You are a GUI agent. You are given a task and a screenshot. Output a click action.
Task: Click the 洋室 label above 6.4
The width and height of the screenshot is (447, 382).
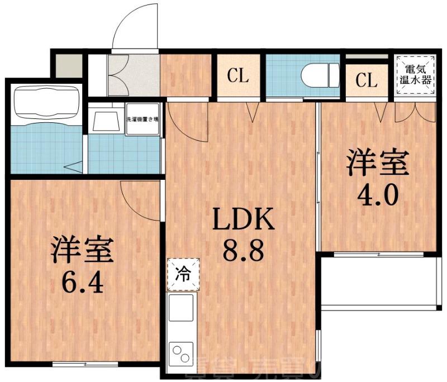[83, 251]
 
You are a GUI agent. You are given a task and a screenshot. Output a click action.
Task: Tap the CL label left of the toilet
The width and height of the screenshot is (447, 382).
[238, 77]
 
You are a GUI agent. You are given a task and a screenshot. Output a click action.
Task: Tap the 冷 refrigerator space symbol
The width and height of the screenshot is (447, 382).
[183, 274]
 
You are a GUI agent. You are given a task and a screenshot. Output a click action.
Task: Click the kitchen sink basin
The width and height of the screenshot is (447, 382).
[181, 308]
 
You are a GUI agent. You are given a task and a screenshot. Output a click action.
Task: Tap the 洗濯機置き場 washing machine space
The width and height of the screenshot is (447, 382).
[143, 119]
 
